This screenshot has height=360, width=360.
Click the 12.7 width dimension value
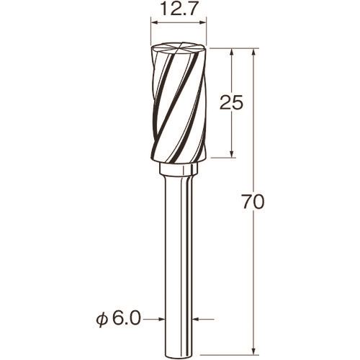click(x=179, y=9)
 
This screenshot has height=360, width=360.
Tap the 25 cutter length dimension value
click(x=232, y=102)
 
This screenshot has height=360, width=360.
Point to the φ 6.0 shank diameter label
click(x=118, y=319)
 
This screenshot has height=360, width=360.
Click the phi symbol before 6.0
click(x=101, y=320)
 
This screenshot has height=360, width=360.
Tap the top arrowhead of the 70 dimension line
click(x=253, y=53)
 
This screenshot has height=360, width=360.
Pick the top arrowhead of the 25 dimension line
click(x=231, y=53)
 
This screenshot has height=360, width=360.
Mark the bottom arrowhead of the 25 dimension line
click(x=231, y=153)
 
